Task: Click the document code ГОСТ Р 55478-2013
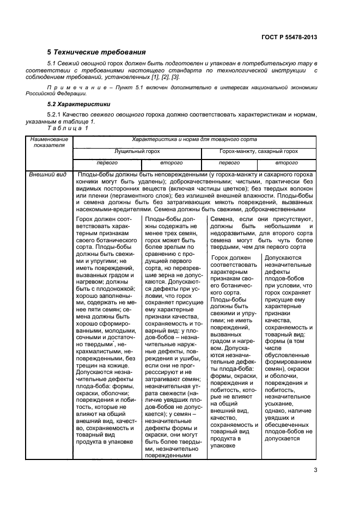tap(286, 37)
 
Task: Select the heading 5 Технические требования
tap(96, 52)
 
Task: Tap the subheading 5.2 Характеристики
tap(80, 103)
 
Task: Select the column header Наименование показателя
tap(48, 143)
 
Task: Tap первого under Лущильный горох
tap(107, 162)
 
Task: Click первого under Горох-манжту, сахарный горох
tap(229, 162)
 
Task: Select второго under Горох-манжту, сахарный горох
tap(286, 162)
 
